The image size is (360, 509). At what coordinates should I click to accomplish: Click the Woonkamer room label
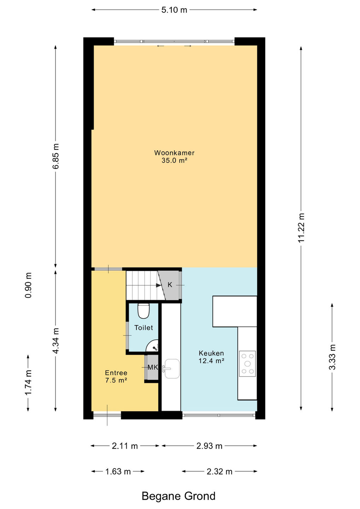pyautogui.click(x=174, y=153)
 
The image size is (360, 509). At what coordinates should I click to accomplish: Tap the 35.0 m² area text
pyautogui.click(x=174, y=160)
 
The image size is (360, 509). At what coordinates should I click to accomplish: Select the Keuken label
pyautogui.click(x=211, y=353)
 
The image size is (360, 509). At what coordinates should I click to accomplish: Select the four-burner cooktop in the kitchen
pyautogui.click(x=247, y=364)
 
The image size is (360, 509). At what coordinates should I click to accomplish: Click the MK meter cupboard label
pyautogui.click(x=153, y=367)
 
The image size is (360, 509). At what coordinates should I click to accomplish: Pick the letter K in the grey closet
pyautogui.click(x=170, y=285)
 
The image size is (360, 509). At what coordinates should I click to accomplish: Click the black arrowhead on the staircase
pyautogui.click(x=159, y=285)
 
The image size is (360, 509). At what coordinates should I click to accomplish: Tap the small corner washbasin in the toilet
pyautogui.click(x=152, y=346)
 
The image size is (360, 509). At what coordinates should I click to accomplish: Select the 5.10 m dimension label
pyautogui.click(x=174, y=10)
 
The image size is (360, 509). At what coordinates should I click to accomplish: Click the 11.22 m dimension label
pyautogui.click(x=301, y=228)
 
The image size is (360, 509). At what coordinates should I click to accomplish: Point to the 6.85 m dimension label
pyautogui.click(x=56, y=156)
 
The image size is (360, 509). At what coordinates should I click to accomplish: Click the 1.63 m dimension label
pyautogui.click(x=118, y=472)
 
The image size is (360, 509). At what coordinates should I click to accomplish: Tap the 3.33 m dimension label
pyautogui.click(x=332, y=357)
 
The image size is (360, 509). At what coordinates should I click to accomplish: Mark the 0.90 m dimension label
pyautogui.click(x=28, y=285)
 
